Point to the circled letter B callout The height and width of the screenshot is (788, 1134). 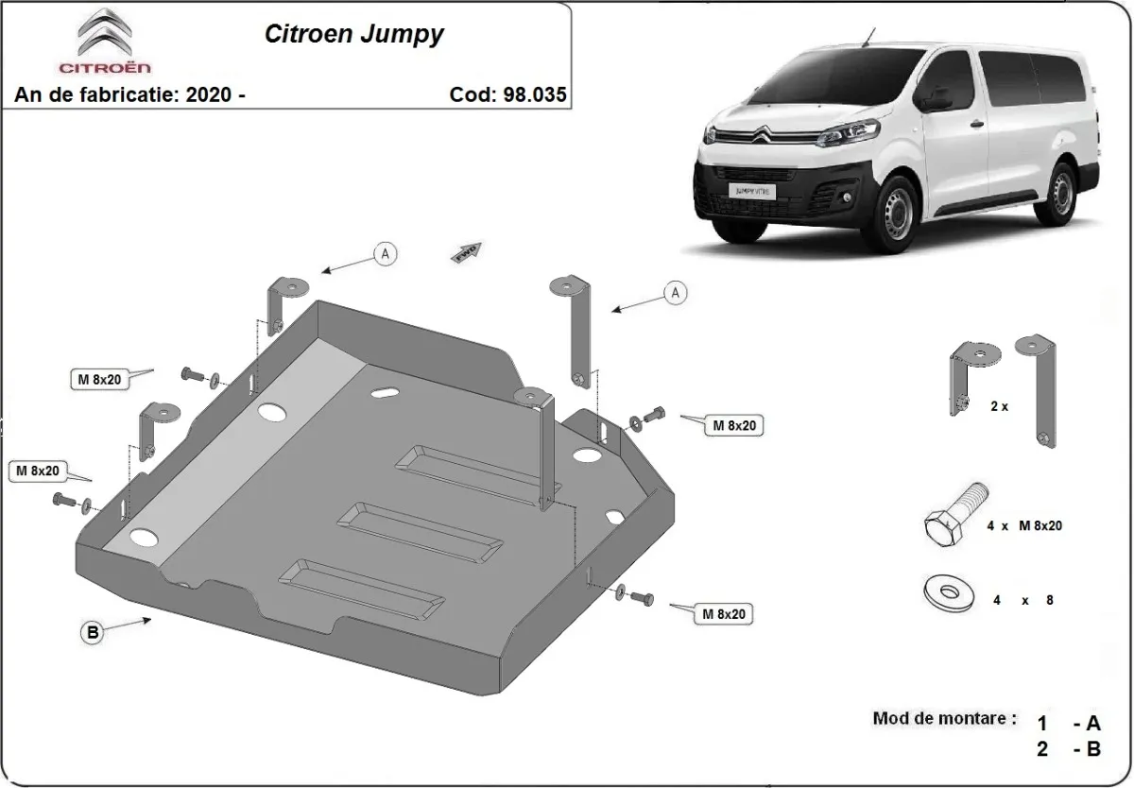(x=93, y=633)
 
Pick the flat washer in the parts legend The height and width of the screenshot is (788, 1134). (x=949, y=593)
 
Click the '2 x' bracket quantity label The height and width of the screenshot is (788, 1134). (x=998, y=405)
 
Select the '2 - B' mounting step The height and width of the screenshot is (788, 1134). (x=1068, y=749)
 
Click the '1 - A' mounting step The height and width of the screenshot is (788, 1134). (x=1068, y=724)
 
